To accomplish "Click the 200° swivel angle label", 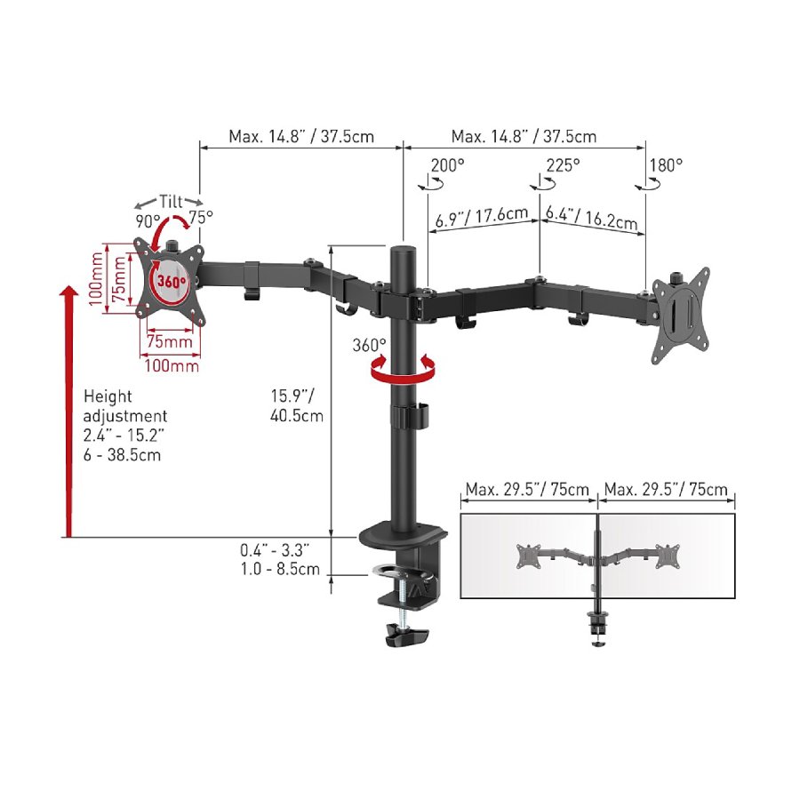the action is coord(447,166).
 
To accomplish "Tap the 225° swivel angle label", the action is coord(564,166).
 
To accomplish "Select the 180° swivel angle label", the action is coord(666,166).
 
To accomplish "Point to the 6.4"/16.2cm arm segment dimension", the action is coord(591,218).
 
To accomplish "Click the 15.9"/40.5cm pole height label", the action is coord(296,405).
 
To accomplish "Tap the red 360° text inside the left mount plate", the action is coord(172,281).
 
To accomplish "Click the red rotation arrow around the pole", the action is coord(403,371).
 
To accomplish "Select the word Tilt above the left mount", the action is coord(171,202).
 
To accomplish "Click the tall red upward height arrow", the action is coord(68,412).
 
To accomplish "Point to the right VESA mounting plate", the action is coord(681,316).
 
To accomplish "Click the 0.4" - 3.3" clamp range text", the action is coord(275,550).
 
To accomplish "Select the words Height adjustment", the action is coord(125,406).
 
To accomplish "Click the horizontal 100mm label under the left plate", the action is coord(172,366).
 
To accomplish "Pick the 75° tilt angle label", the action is coord(201,218).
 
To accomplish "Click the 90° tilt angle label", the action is coord(148,222).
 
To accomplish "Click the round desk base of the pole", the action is coord(403,536).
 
